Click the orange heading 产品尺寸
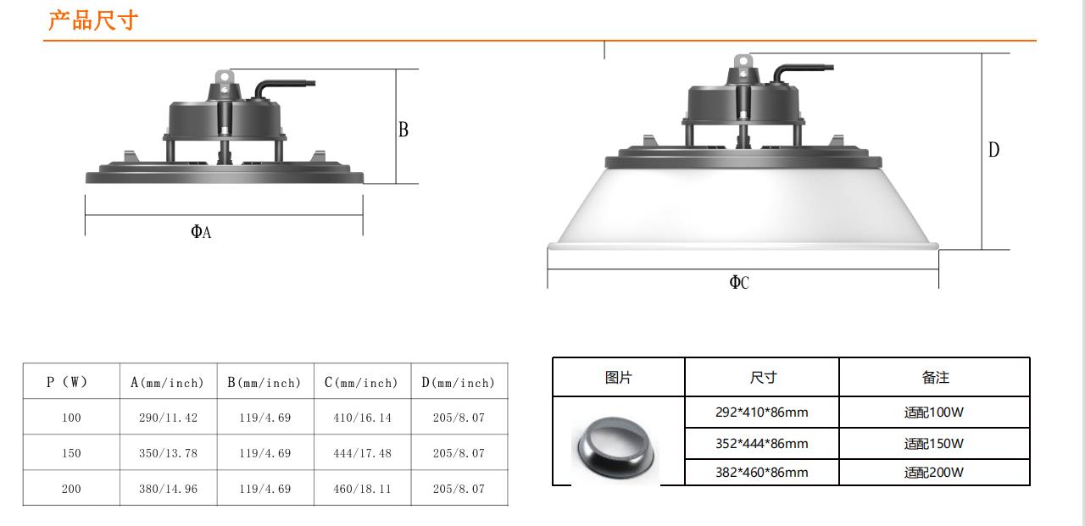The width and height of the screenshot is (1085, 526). [x=93, y=20]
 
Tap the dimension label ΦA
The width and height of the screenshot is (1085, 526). [x=201, y=232]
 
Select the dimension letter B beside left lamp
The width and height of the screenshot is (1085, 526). [x=403, y=130]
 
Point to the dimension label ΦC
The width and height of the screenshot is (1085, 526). [x=739, y=282]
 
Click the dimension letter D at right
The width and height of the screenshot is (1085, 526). [x=993, y=150]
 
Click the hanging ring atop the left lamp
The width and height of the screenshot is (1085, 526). [x=225, y=77]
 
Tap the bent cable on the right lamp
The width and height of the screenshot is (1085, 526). [x=802, y=74]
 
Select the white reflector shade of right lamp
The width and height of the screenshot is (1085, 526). [x=743, y=209]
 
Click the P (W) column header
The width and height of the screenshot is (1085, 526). [x=67, y=382]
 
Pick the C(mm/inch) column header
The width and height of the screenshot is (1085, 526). [x=361, y=383]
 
